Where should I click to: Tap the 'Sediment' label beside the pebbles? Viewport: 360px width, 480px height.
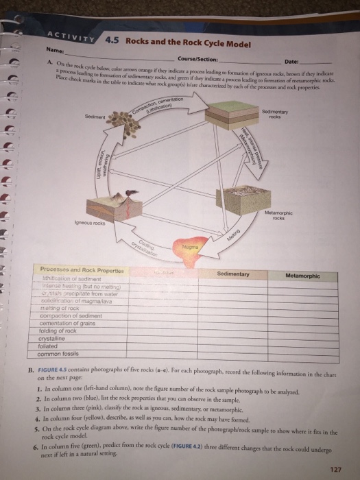point(95,117)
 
